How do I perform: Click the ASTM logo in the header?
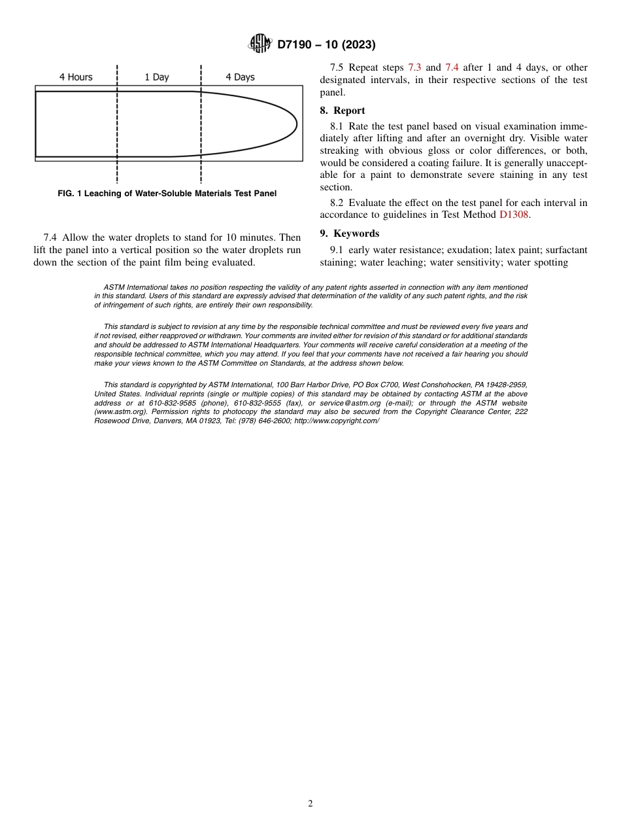(260, 44)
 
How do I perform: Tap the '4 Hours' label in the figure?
(76, 77)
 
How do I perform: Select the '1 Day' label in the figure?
(157, 77)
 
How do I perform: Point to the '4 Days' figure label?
(240, 77)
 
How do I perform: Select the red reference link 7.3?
(415, 67)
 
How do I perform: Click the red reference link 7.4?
(452, 67)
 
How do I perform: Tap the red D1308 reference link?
(514, 215)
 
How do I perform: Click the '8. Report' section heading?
(343, 111)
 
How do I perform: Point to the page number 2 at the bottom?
(310, 804)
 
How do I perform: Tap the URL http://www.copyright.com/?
(337, 421)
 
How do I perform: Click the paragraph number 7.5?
(337, 67)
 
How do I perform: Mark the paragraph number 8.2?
(337, 203)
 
